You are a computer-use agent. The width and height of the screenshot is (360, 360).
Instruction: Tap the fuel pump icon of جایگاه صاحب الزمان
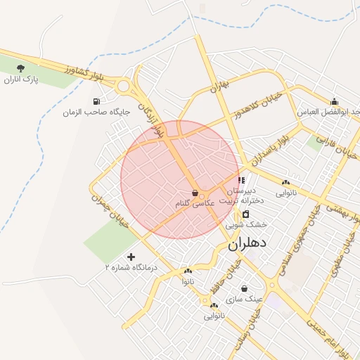(x=96, y=101)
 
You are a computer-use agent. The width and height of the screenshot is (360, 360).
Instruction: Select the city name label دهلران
(x=248, y=245)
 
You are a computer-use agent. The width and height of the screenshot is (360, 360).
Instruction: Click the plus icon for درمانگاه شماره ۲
(x=131, y=257)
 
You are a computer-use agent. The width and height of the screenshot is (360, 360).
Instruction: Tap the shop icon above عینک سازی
(x=244, y=288)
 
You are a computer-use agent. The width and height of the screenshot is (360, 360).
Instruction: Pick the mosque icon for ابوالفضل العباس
(x=334, y=101)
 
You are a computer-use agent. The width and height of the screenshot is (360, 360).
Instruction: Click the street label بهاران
(x=220, y=86)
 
